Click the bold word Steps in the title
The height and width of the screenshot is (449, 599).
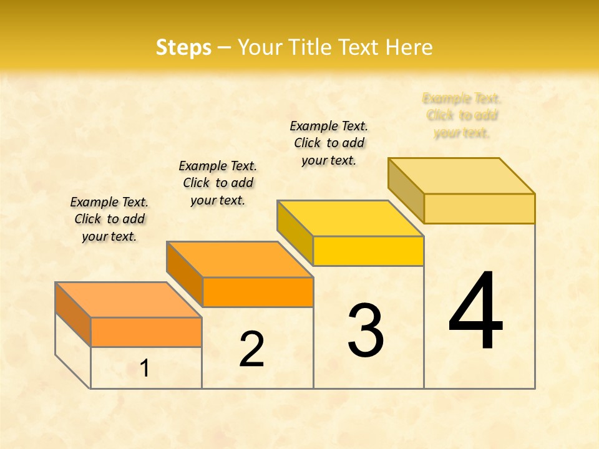point(183,47)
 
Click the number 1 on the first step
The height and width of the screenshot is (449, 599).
point(145,369)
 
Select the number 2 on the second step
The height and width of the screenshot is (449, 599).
point(251,349)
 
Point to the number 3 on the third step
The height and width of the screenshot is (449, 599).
point(366,331)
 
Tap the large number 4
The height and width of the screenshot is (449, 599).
point(476,311)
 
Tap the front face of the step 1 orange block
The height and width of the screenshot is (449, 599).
point(146,332)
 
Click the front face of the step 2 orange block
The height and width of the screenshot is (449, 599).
point(258,292)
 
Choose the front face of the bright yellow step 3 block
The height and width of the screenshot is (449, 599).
point(368,251)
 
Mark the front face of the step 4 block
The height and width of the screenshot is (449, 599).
point(479,208)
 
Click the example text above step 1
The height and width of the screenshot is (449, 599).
point(109,219)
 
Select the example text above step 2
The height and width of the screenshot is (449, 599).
point(218,183)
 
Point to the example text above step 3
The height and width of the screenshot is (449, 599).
point(329,143)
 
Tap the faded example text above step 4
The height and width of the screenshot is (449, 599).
point(462,115)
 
